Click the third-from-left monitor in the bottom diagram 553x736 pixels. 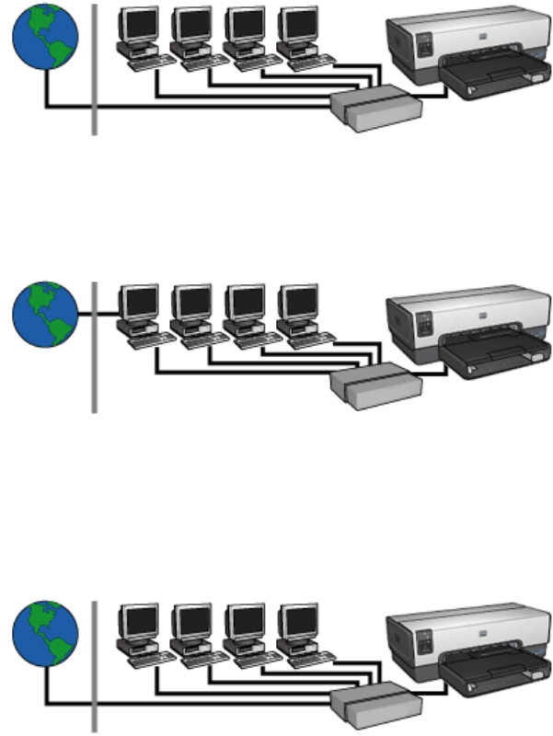click(245, 620)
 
